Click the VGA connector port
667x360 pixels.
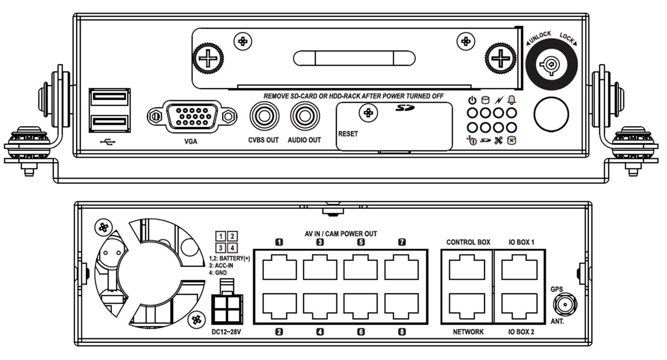point(192,116)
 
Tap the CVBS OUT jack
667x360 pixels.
point(264,116)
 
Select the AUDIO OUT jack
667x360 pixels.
point(305,116)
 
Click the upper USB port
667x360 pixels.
point(110,97)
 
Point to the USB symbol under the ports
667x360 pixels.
point(108,142)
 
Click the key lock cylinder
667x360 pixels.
point(551,64)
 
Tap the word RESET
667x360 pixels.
point(348,134)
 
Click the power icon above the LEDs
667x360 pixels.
point(472,100)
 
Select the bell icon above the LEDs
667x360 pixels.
point(512,100)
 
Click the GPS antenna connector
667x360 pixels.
point(565,305)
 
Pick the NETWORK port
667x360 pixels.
point(467,306)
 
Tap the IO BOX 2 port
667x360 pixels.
point(519,306)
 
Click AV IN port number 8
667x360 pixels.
point(402,306)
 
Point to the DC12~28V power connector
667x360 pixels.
point(227,302)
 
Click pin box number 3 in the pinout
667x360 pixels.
point(221,248)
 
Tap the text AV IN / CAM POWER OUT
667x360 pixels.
point(341,234)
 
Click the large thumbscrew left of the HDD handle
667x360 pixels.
point(208,58)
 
